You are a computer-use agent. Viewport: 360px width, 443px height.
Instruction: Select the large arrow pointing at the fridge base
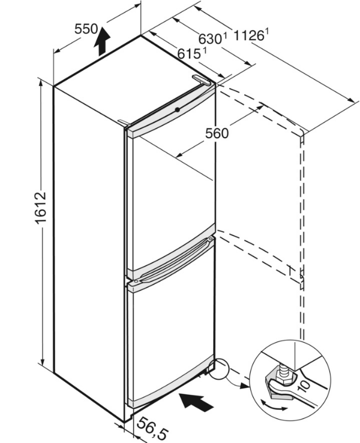[x=196, y=400]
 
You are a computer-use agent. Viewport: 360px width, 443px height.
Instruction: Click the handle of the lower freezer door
[x=171, y=265]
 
